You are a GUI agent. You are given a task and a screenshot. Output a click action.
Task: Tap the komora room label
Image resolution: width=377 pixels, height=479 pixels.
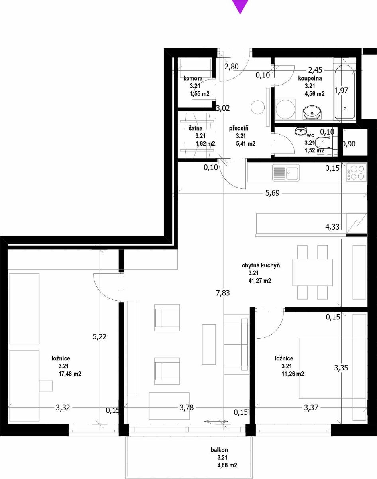[x=193, y=78]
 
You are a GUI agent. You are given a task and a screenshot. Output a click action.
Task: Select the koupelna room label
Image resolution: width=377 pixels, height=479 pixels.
[x=310, y=78]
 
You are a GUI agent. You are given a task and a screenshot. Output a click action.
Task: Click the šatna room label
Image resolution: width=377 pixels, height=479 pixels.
[x=196, y=128]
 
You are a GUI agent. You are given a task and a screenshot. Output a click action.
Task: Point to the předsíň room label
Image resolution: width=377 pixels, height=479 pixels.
[x=239, y=128]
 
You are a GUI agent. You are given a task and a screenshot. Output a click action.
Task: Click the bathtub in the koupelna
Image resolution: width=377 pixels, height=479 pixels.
[x=345, y=92]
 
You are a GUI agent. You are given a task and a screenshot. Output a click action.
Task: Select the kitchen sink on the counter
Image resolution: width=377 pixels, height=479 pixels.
[x=286, y=172]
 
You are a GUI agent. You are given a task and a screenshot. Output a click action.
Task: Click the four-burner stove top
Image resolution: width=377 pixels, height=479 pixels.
[x=356, y=172]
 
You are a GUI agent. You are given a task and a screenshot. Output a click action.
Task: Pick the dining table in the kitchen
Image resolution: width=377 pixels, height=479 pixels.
[x=312, y=272]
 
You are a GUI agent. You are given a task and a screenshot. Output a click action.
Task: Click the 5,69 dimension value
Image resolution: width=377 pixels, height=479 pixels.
[x=272, y=193]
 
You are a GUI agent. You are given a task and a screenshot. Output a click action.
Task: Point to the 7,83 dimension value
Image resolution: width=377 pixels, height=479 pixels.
[x=223, y=293]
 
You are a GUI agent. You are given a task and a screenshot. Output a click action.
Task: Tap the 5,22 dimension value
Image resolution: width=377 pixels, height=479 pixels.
[x=100, y=337]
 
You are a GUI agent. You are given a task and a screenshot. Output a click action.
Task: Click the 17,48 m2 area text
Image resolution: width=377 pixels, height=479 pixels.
[x=70, y=374]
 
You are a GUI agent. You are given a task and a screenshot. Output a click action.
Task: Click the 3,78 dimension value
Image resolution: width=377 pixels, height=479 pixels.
[x=187, y=408]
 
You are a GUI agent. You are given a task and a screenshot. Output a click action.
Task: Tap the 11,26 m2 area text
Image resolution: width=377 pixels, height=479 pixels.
[x=293, y=374]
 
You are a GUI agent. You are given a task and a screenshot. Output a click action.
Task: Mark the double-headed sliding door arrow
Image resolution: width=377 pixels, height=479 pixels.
[x=216, y=422]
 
